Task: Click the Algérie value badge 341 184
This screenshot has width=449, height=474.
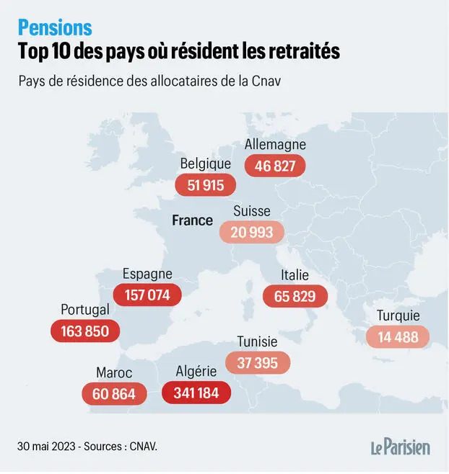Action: (x=196, y=393)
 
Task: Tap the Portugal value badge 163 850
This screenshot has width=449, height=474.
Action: (x=85, y=331)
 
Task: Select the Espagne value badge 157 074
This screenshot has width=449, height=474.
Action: (x=147, y=295)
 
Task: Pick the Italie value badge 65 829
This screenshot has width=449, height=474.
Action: (x=295, y=296)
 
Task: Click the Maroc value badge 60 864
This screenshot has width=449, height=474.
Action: (x=114, y=394)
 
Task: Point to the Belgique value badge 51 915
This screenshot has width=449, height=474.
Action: (x=206, y=185)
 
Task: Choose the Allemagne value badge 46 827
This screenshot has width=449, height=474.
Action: (x=275, y=166)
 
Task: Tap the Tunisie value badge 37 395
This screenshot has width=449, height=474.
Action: (x=257, y=362)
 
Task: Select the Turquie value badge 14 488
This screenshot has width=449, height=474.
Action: (x=398, y=336)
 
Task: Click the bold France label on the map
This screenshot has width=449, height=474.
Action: (x=192, y=220)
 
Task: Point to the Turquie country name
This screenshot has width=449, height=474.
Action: (x=398, y=316)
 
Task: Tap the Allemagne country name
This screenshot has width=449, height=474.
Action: (x=275, y=145)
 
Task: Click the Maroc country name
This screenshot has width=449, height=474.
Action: (x=114, y=372)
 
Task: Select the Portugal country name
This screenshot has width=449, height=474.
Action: (x=85, y=310)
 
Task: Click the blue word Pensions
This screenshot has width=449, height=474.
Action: (x=56, y=27)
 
